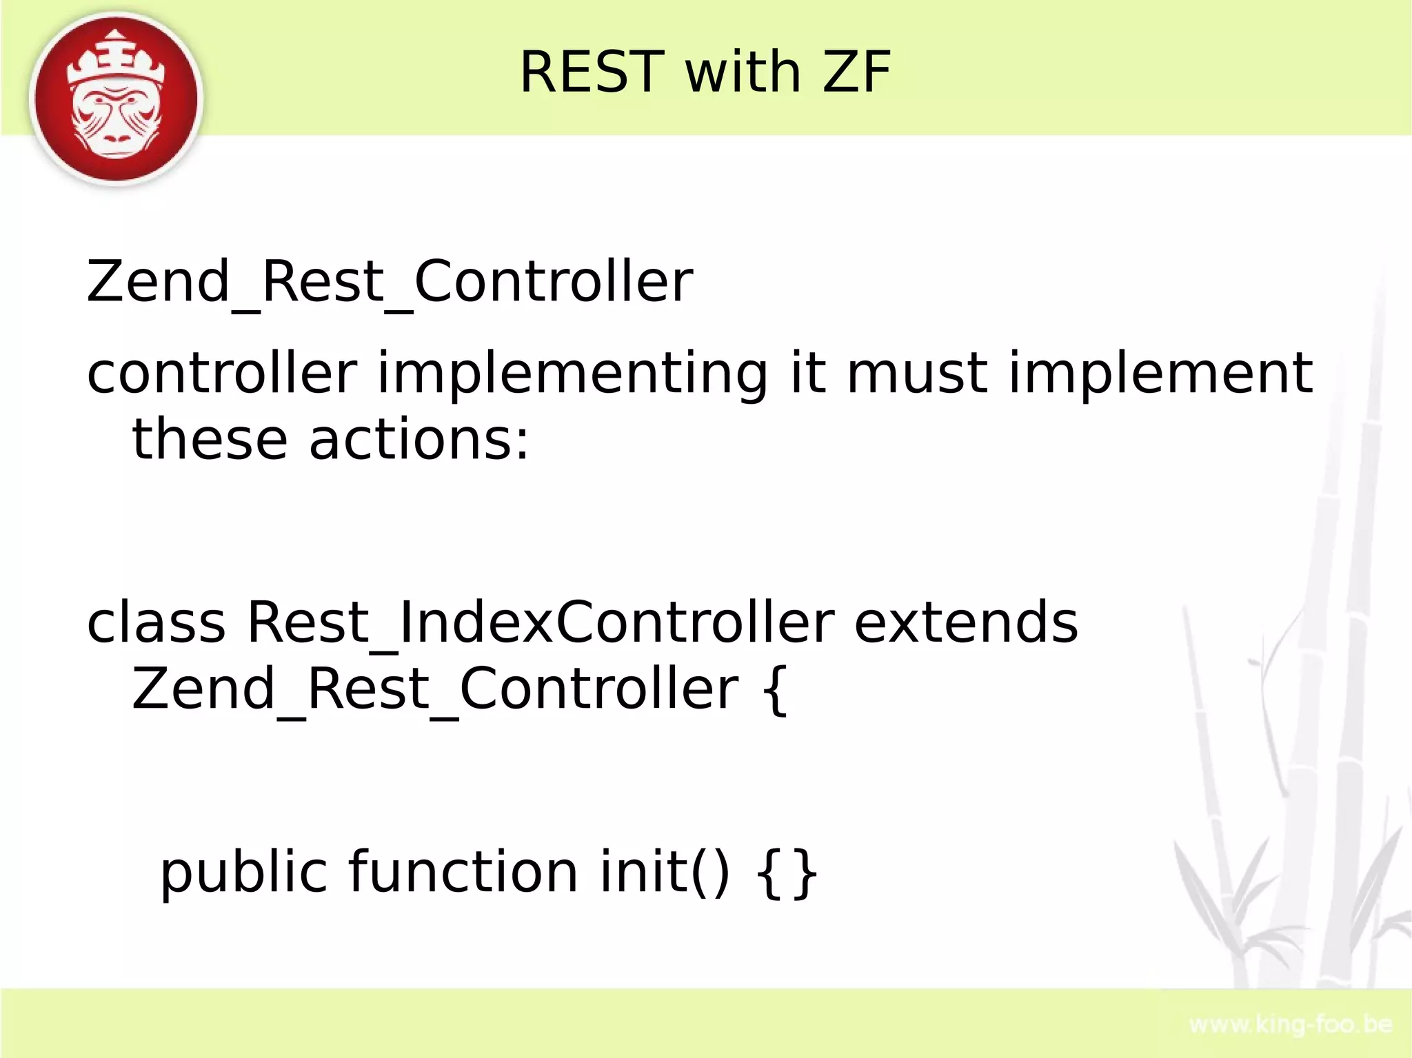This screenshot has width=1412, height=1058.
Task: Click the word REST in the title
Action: coord(591,72)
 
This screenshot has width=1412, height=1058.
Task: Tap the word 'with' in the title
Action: coord(742,72)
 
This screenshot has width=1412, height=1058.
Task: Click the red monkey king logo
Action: coord(117,99)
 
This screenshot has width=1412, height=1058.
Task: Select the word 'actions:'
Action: coord(419,440)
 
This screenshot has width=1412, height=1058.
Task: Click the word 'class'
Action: coord(156,622)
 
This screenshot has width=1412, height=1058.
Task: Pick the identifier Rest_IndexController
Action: coord(540,622)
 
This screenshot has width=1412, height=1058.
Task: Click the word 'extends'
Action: coord(966,622)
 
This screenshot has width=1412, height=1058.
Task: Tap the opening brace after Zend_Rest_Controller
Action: coord(775,689)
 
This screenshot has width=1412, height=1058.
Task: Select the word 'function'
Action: coord(463,871)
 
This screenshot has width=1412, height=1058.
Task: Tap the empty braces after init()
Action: coord(787,873)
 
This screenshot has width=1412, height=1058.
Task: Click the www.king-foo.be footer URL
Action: coord(1291,1024)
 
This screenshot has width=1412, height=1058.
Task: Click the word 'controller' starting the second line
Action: coord(222,374)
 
